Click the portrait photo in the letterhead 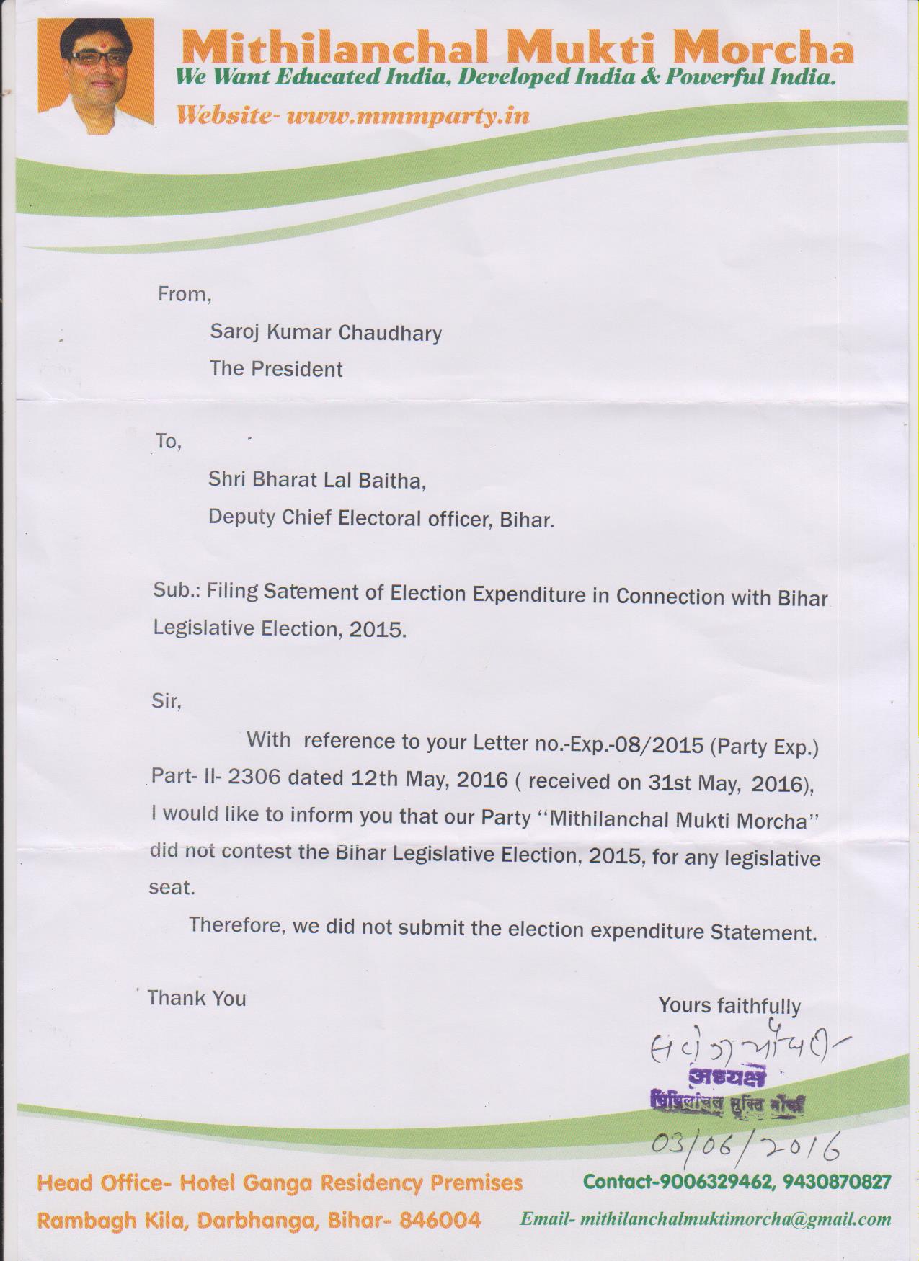tap(96, 76)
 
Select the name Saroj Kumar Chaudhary tap(325, 332)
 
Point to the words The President tap(276, 369)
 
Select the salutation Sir tap(166, 700)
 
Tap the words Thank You tap(197, 998)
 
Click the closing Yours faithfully tap(729, 1006)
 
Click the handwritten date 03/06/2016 tap(745, 1144)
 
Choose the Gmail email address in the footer tap(735, 1219)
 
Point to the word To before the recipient tap(167, 441)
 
